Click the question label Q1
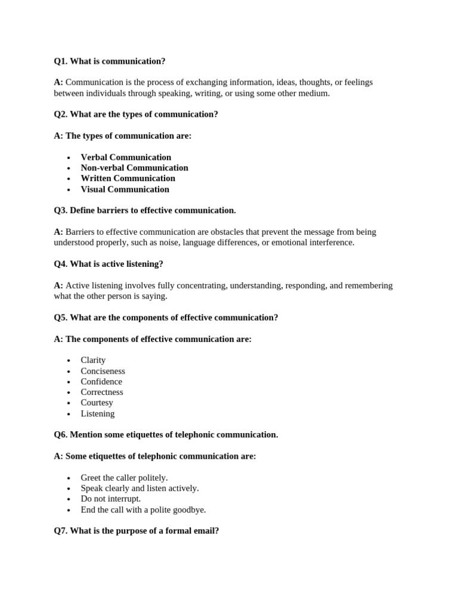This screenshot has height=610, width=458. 61,61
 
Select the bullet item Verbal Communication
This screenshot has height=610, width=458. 126,157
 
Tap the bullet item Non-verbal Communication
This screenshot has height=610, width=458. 134,168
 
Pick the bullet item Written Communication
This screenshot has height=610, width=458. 128,178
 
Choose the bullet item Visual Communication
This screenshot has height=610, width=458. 125,189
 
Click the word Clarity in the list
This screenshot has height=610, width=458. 93,360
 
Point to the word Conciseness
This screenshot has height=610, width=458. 103,371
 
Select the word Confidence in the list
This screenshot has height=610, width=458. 101,382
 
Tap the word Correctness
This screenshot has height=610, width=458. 102,392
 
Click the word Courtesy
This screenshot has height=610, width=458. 97,403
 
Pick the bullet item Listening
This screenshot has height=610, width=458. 97,413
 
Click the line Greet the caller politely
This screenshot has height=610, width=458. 124,478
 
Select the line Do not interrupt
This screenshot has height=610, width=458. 110,499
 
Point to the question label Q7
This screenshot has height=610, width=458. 61,530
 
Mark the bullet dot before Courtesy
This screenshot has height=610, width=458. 69,403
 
